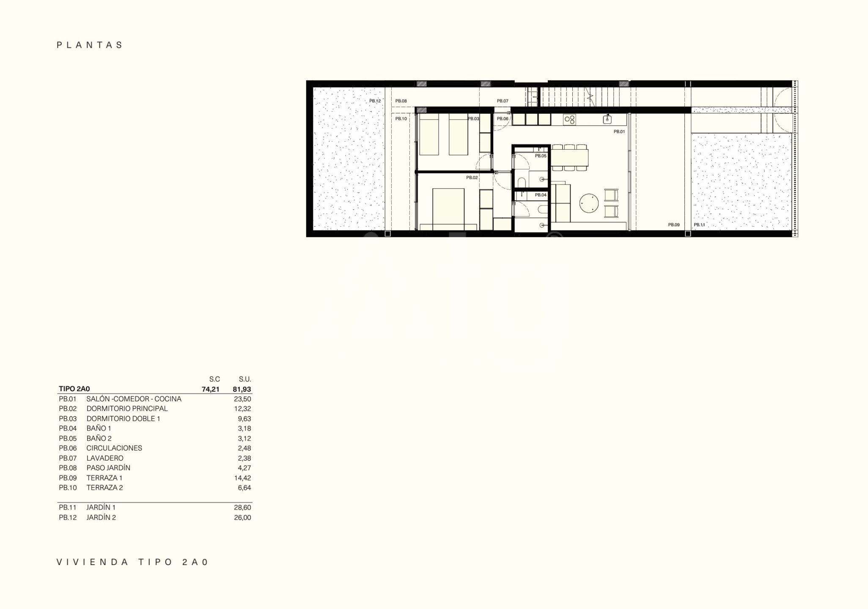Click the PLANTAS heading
90,45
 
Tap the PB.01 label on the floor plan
619,132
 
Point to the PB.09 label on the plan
674,225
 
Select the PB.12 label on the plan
375,101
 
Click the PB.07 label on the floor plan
503,101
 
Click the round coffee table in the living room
589,203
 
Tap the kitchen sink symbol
607,119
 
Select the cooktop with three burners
569,120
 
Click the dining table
569,158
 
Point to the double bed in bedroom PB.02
448,209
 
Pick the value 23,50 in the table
242,399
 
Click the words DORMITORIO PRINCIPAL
127,409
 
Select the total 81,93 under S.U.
242,389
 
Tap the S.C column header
214,379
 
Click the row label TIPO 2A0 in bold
74,389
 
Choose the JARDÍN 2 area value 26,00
242,518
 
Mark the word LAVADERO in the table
105,458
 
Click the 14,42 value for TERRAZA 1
242,478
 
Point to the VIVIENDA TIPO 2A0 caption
133,562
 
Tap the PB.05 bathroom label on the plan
541,156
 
